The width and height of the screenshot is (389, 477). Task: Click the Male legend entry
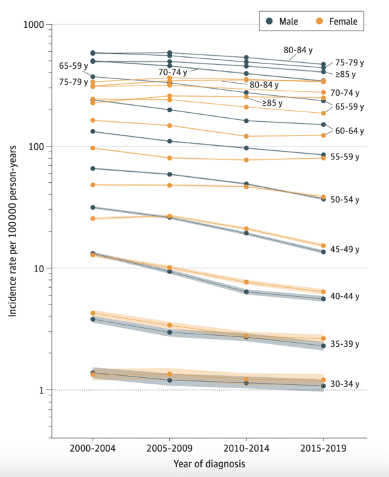point(283,21)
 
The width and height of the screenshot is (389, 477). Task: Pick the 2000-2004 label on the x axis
point(93,448)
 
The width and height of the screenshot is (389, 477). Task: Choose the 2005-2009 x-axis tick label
point(170,448)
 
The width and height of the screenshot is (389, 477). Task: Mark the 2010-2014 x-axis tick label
point(246,448)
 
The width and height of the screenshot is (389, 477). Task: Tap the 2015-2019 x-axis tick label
point(324,448)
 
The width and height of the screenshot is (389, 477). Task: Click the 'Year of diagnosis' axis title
point(208,464)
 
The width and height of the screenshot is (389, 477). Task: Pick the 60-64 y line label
point(348,131)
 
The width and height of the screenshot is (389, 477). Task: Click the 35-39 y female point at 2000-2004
point(93,313)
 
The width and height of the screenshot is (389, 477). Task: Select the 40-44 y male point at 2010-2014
point(246,292)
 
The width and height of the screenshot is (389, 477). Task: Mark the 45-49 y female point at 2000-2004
point(93,218)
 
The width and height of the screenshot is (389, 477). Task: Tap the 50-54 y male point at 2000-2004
point(93,169)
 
